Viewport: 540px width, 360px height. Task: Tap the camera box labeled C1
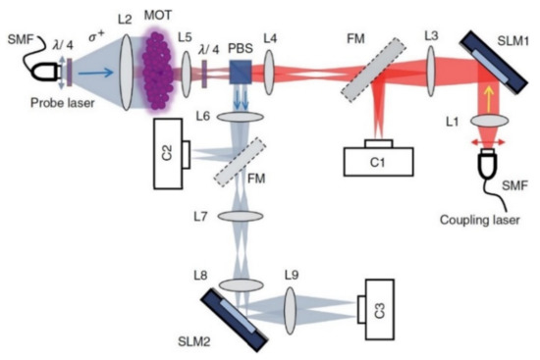tap(380, 160)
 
